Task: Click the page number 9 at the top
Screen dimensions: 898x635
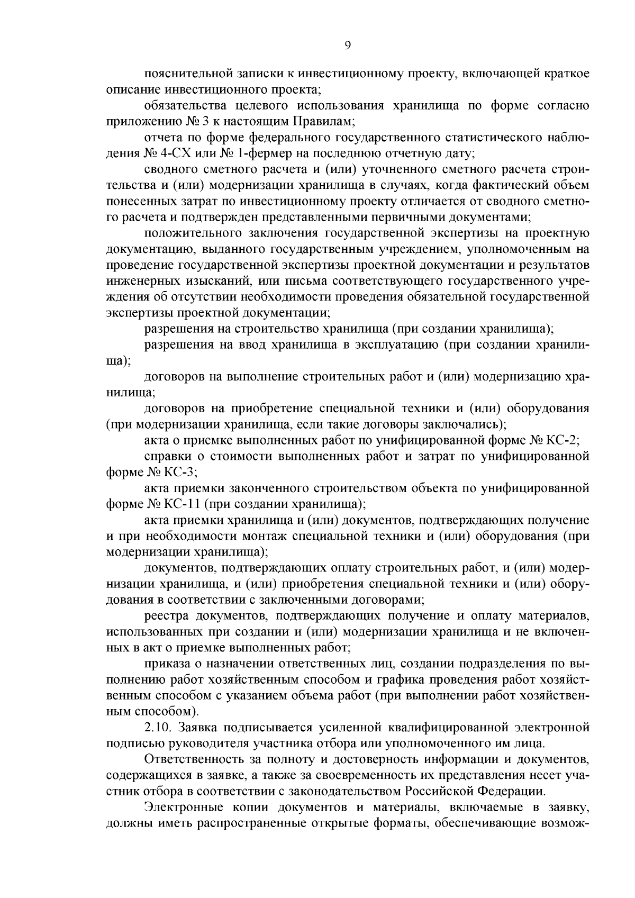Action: click(347, 46)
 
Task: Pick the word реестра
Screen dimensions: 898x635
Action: click(167, 615)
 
